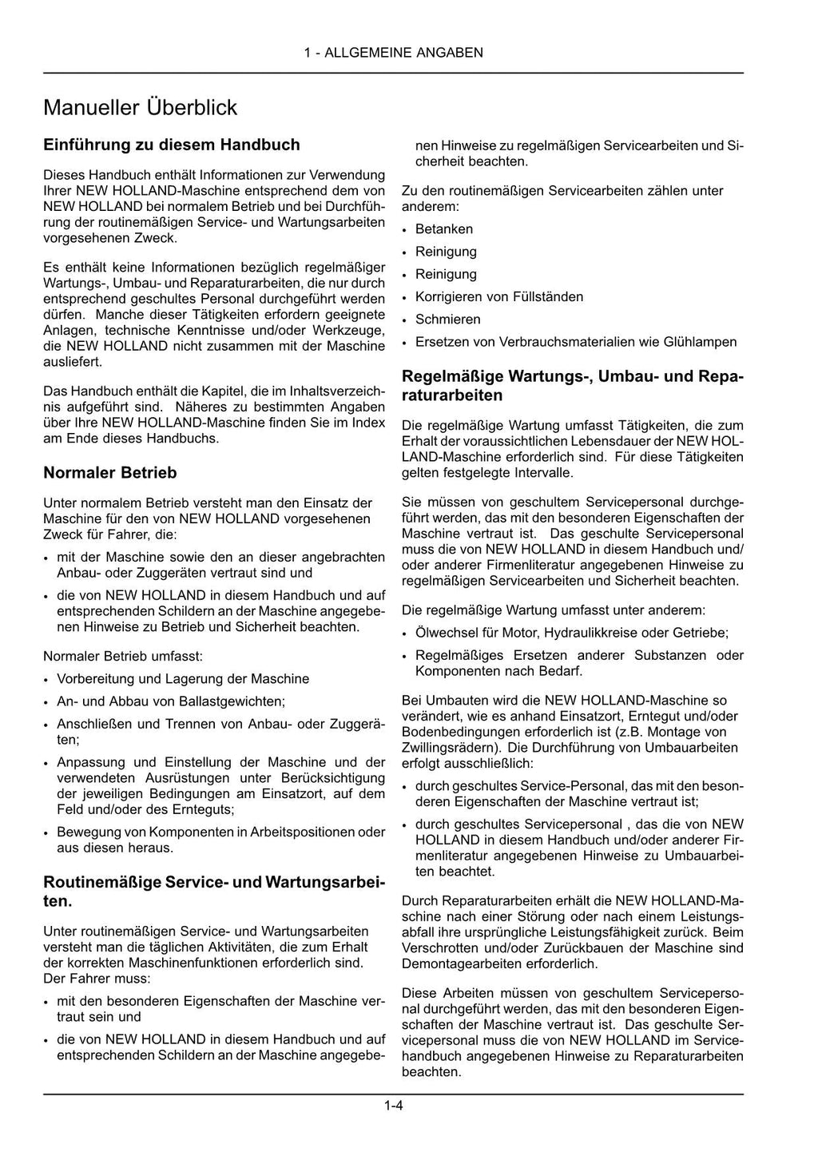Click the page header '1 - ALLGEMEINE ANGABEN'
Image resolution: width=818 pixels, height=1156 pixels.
393,53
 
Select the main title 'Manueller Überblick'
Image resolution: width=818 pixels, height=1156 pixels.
140,107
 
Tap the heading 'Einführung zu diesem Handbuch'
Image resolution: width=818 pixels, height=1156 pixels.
171,145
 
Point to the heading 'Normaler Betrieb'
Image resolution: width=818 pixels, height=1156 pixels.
109,473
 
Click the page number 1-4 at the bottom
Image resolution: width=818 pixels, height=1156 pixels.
393,1106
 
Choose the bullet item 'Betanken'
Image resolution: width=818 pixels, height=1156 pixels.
443,229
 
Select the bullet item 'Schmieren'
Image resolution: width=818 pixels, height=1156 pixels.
447,320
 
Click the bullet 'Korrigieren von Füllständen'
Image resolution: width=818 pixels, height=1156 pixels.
498,297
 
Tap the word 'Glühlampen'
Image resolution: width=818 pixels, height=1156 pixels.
700,342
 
